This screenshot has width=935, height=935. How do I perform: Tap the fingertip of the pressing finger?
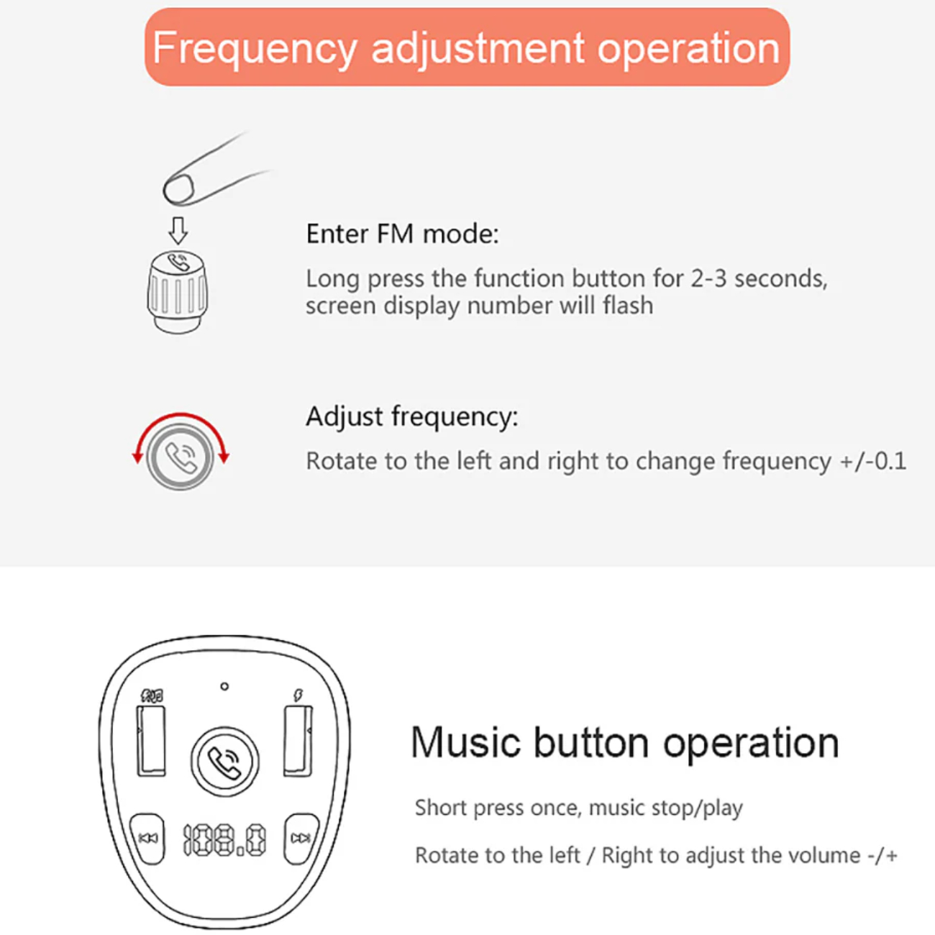(178, 190)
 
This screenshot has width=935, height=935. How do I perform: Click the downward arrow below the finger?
(178, 230)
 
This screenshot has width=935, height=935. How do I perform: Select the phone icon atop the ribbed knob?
(178, 262)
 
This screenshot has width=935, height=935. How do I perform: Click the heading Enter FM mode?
(402, 234)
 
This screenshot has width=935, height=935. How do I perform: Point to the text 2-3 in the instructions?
(708, 278)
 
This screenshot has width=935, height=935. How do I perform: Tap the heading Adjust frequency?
(412, 417)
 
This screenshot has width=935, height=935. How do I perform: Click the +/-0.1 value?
(873, 461)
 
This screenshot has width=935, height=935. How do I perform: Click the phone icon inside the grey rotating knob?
(181, 457)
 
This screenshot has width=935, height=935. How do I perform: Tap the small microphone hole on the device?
(224, 687)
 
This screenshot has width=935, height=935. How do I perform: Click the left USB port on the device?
(151, 741)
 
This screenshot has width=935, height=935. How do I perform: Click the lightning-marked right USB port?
(298, 741)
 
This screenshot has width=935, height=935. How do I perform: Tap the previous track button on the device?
(148, 839)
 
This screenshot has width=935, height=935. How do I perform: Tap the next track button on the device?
(301, 839)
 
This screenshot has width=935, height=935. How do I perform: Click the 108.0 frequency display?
(224, 840)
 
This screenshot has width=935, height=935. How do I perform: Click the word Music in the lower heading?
(466, 743)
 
